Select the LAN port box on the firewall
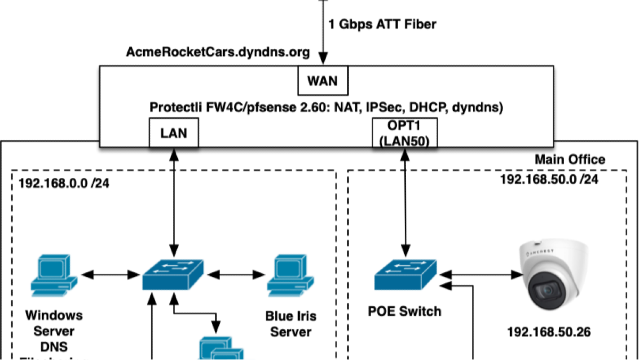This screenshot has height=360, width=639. pyautogui.click(x=174, y=133)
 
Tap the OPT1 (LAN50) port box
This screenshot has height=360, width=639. pyautogui.click(x=405, y=133)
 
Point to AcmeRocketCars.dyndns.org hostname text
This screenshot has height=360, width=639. pyautogui.click(x=218, y=52)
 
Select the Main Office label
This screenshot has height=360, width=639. pyautogui.click(x=570, y=159)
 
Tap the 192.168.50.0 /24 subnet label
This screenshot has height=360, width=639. pyautogui.click(x=548, y=179)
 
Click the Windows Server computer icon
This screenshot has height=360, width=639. pyautogui.click(x=51, y=275)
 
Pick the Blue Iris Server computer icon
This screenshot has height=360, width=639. pyautogui.click(x=289, y=275)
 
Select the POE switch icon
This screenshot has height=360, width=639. pyautogui.click(x=405, y=275)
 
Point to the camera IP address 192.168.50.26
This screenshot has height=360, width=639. pyautogui.click(x=548, y=332)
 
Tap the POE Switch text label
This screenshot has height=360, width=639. pyautogui.click(x=405, y=311)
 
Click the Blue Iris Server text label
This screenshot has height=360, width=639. pyautogui.click(x=290, y=324)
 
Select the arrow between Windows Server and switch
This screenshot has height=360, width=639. pyautogui.click(x=111, y=275)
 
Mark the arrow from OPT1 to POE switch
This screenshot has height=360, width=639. pyautogui.click(x=405, y=202)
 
